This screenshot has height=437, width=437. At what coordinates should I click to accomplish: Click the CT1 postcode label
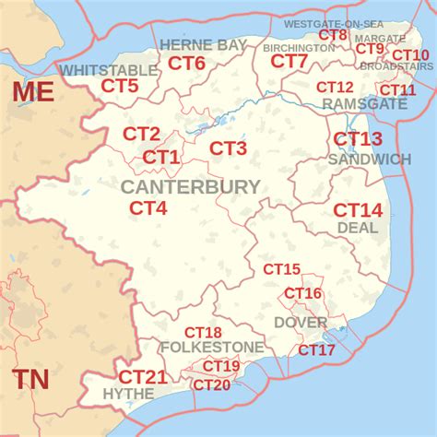(x=161, y=158)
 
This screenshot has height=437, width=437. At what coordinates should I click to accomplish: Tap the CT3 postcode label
(x=228, y=148)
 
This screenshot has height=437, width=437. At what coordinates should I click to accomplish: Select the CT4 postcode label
(x=148, y=208)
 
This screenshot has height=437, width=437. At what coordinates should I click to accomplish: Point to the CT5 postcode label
(x=120, y=86)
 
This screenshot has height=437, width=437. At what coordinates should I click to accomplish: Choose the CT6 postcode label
(x=186, y=64)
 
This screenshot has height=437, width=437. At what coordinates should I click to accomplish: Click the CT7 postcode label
(x=289, y=62)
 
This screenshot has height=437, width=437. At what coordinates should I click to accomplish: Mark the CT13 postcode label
(x=358, y=139)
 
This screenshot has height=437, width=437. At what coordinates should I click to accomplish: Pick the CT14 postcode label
(x=358, y=209)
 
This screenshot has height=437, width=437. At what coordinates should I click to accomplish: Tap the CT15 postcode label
(x=281, y=270)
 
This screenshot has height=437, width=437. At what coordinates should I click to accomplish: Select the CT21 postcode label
(x=143, y=377)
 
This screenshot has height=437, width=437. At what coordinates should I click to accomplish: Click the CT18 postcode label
(x=203, y=333)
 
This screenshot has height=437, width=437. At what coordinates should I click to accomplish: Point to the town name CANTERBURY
(x=190, y=187)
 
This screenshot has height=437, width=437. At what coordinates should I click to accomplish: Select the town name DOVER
(x=301, y=323)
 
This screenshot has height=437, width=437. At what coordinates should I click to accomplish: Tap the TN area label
(x=31, y=379)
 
